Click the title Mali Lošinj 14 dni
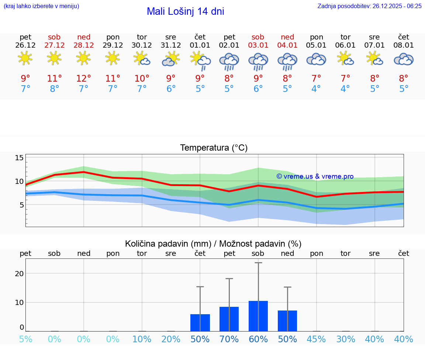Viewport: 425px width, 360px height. pos(185,11)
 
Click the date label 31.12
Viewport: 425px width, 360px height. pos(171,45)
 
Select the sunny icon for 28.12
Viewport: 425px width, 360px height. pos(83,58)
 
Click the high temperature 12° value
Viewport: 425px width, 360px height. pos(83,79)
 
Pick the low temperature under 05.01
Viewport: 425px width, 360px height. pos(316,89)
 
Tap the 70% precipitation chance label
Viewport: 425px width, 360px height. pos(229,339)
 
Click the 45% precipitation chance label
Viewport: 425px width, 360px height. pos(316,339)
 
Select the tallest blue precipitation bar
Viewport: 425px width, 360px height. pos(258,316)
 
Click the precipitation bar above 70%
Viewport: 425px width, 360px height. pos(229,319)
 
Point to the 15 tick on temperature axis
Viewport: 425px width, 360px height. pos(19,158)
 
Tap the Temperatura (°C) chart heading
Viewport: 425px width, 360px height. pos(214,148)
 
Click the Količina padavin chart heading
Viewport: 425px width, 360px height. pos(213,244)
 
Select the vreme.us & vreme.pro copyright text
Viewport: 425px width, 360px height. pos(315,176)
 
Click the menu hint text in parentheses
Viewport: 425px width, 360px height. pos(41,6)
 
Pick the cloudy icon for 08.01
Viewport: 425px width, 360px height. pos(404,59)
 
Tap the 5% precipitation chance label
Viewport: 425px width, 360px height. pos(25,339)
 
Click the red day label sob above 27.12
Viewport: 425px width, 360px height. pos(54,37)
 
